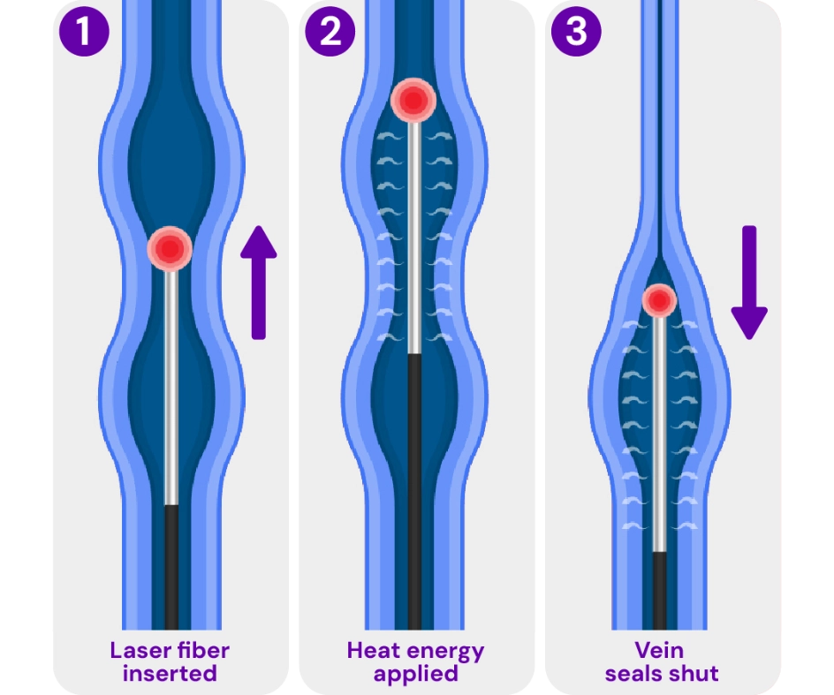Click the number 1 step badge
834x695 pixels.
coord(84,32)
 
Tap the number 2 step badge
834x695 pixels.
coord(330,32)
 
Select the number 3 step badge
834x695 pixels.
coord(575,32)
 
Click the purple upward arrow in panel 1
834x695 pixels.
coord(258,282)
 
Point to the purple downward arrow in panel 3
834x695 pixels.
coord(749,283)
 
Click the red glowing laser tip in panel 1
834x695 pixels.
coord(171,249)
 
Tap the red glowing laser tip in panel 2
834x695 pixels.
coord(413,102)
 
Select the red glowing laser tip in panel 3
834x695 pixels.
coord(659,301)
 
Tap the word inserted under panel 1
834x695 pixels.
coord(170,674)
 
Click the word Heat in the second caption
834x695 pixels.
coord(375,651)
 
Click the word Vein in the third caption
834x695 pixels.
coord(659,651)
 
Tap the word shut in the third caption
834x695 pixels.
coord(694,674)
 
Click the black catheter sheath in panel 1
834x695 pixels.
coord(171,565)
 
